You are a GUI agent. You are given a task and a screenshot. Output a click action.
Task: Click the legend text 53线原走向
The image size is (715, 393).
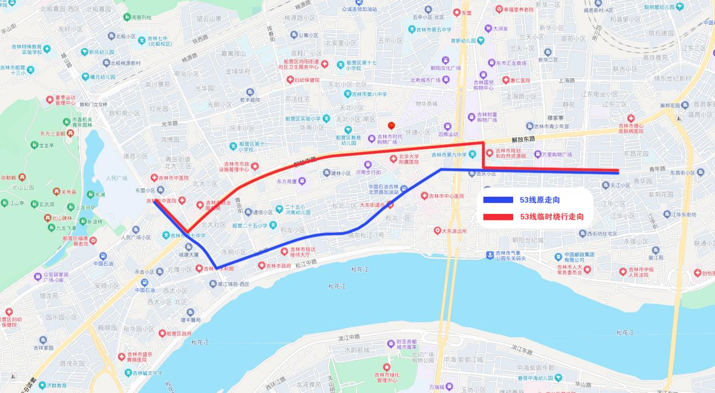[x=539, y=200]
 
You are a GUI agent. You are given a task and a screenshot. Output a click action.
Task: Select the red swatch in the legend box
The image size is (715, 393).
[x=498, y=217]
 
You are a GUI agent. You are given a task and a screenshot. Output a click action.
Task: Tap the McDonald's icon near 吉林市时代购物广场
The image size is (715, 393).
[x=391, y=126]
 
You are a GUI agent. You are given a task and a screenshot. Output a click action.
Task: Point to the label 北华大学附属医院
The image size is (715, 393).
[x=409, y=159]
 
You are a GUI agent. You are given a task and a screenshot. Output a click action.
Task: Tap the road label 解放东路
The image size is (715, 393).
[x=523, y=139]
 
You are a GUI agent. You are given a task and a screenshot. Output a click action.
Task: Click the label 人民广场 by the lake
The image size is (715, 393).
[x=116, y=178]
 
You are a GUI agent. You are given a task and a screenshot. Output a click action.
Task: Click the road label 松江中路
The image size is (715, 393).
[x=306, y=262]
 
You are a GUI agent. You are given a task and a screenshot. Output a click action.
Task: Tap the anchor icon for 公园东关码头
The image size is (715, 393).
[x=489, y=255]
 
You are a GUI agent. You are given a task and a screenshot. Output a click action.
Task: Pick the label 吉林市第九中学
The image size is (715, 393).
[x=449, y=155]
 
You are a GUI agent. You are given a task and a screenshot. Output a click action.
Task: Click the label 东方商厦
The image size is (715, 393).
[x=287, y=181]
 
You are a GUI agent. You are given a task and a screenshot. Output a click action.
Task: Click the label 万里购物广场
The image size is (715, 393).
[x=556, y=155]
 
